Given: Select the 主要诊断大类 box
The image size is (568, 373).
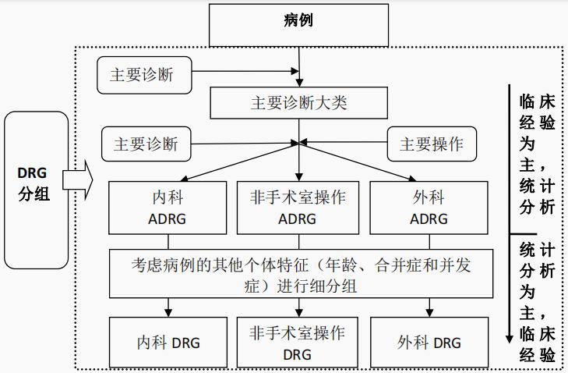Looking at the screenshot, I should [298, 102].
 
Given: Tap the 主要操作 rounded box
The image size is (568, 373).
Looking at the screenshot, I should [432, 144].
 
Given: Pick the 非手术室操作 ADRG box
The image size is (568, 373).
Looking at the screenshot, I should [298, 208].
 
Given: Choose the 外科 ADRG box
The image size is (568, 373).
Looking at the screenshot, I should [429, 208].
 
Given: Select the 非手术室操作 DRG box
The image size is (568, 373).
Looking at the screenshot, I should [298, 343].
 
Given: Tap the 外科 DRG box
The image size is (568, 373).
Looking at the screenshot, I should [429, 343].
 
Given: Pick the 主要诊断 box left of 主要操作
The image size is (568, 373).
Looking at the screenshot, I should [146, 144].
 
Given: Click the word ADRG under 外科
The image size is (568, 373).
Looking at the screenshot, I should [429, 219].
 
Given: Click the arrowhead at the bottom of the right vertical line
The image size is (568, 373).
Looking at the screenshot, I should [510, 339].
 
